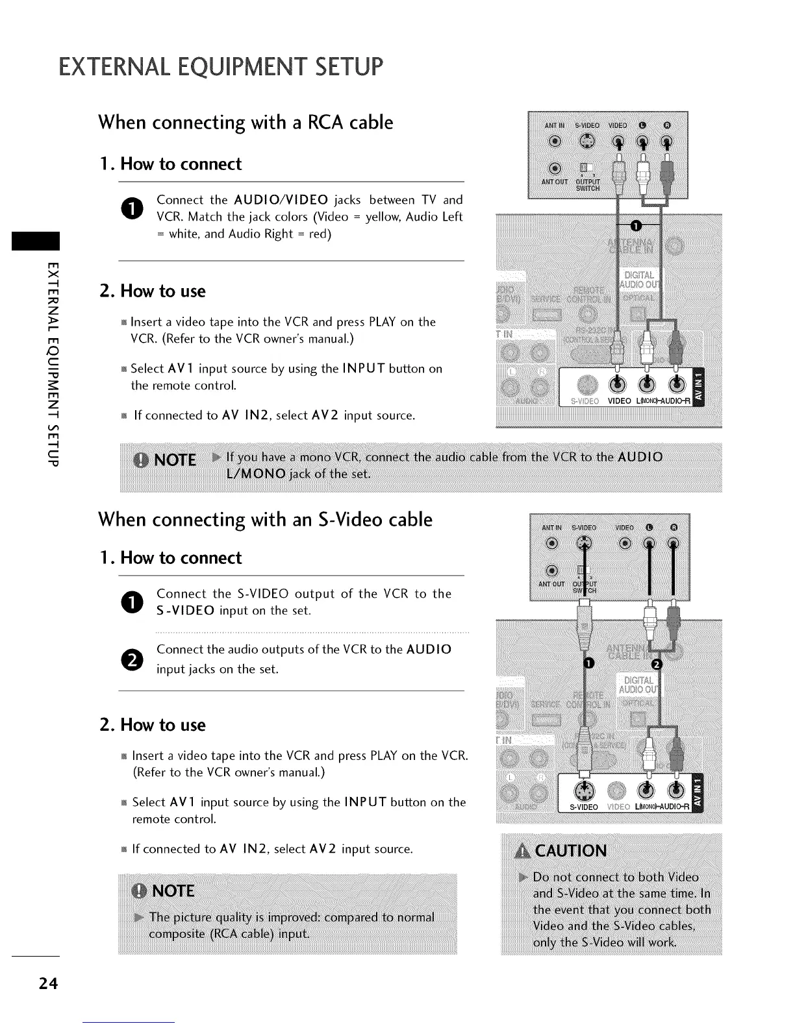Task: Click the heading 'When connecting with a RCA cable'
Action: tap(246, 123)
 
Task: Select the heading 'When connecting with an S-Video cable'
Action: tap(265, 520)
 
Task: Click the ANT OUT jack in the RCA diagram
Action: tap(553, 167)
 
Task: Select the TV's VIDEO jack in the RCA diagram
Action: tap(618, 384)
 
